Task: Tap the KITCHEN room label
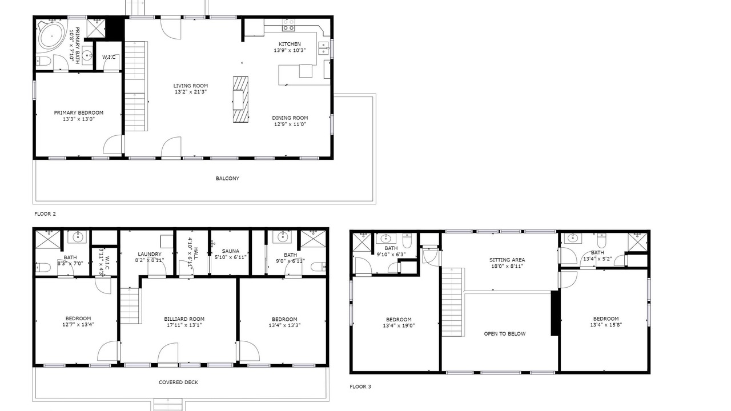[x=290, y=44]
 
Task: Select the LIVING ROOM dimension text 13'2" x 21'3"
[x=191, y=92]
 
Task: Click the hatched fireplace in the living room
[x=240, y=99]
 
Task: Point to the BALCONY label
[x=227, y=179]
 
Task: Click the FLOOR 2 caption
[x=45, y=214]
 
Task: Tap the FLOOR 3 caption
[x=360, y=387]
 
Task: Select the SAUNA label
[x=230, y=251]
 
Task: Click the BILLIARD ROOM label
[x=184, y=319]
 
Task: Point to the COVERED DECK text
[x=178, y=382]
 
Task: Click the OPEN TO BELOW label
[x=504, y=334]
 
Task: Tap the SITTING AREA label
[x=507, y=260]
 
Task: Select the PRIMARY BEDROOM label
[x=79, y=113]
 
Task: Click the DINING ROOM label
[x=290, y=118]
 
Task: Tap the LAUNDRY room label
[x=150, y=254]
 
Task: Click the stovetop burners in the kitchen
[x=288, y=25]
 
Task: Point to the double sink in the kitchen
[x=324, y=49]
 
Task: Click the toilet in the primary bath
[x=43, y=61]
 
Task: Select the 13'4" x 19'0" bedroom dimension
[x=399, y=325]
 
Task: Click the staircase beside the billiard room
[x=130, y=305]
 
